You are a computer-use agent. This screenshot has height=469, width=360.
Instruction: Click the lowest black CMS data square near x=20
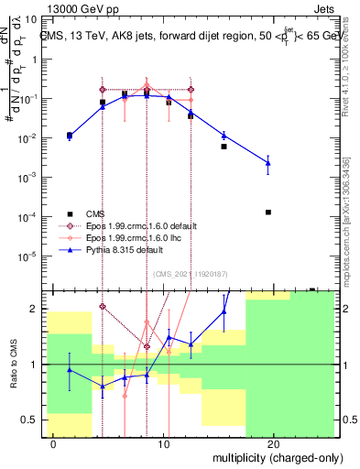(x=267, y=212)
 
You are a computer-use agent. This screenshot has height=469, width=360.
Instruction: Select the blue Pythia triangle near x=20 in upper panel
(x=267, y=163)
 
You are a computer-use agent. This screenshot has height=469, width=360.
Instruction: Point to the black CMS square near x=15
(x=224, y=147)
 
